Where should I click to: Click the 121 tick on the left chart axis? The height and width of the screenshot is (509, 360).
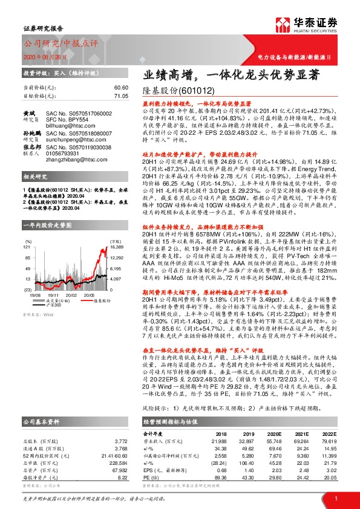click(27, 230)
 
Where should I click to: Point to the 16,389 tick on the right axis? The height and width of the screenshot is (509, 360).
click(117, 230)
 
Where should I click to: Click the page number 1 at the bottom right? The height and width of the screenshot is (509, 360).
click(335, 498)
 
